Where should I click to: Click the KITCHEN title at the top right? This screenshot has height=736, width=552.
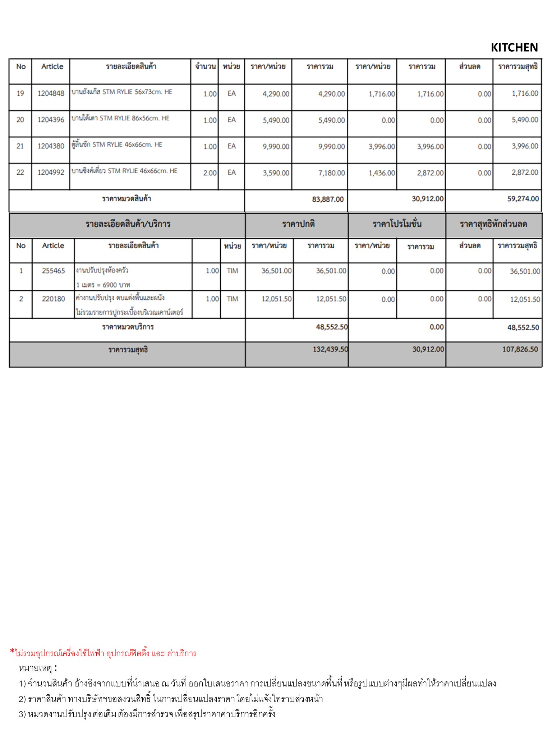[514, 47]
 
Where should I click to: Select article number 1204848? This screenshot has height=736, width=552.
[51, 93]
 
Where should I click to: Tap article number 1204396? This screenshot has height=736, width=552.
[51, 120]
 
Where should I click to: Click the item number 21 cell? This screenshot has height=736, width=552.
[20, 146]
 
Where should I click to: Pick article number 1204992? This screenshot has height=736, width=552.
[51, 172]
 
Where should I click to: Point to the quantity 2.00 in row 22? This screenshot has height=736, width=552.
[210, 173]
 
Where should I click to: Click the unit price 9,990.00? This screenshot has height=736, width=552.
[276, 147]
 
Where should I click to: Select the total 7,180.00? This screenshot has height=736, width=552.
[331, 173]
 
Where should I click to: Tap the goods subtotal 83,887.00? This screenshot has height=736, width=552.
[328, 199]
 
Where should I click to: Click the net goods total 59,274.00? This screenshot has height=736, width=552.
[523, 199]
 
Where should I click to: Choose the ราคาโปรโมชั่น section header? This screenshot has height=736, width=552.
[397, 224]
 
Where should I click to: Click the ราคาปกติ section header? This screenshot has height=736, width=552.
[298, 224]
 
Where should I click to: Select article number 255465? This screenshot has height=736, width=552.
[53, 271]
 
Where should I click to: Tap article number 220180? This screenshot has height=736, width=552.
[53, 299]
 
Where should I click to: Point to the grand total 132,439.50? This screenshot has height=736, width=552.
[330, 349]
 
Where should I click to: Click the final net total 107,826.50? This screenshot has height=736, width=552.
[520, 349]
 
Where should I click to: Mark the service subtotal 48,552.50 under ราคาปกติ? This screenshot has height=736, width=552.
[332, 327]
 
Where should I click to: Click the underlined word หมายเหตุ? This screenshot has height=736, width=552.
[35, 668]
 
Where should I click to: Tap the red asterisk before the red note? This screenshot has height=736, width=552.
[12, 651]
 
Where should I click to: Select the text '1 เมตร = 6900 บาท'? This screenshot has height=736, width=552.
[103, 285]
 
